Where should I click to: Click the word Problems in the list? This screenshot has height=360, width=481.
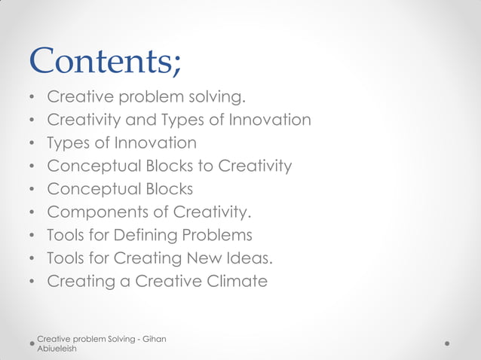(x=216, y=236)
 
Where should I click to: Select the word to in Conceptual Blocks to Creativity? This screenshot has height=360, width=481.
(x=203, y=166)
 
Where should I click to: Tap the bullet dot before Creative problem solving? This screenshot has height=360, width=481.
(x=32, y=98)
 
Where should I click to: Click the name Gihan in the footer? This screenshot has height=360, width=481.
(x=153, y=340)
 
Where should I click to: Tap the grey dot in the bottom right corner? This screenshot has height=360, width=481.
(x=447, y=343)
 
